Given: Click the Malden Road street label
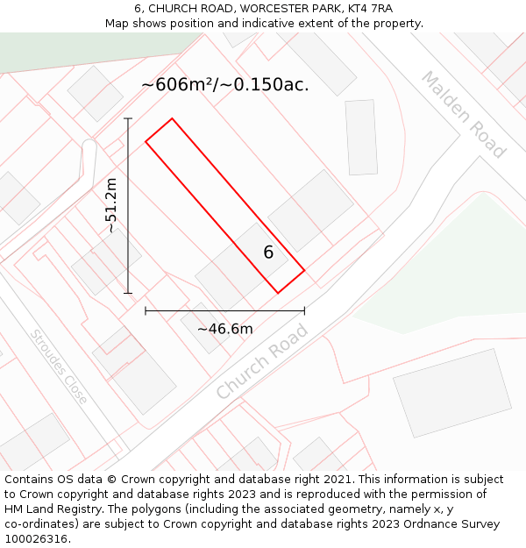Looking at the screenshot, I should [x=464, y=115].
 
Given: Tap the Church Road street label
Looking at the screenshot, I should [x=262, y=361].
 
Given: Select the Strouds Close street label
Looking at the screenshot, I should [x=59, y=367].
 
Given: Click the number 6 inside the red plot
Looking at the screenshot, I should [x=268, y=253].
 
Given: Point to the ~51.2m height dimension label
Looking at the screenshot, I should [x=111, y=205].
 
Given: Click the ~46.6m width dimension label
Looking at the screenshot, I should [x=224, y=329].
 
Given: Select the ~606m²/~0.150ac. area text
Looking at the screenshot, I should [x=224, y=85].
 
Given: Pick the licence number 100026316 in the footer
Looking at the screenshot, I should [x=36, y=539].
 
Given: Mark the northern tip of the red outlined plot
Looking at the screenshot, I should [x=172, y=118].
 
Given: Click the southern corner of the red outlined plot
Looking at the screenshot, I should [x=278, y=293].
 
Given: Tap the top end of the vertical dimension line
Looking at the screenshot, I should [x=128, y=118].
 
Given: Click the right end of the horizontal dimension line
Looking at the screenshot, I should [x=304, y=310].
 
